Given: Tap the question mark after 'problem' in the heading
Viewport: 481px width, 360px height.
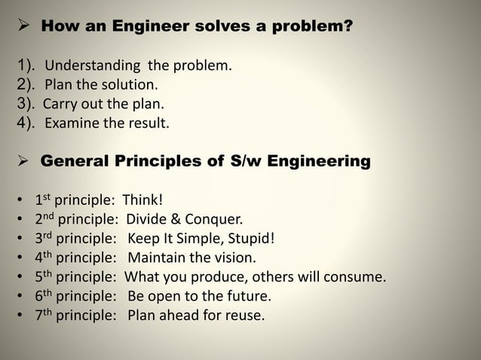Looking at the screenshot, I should [348, 29].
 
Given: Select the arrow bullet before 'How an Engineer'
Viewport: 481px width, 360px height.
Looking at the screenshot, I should [20, 29].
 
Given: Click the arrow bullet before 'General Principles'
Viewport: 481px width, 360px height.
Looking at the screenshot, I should [20, 161].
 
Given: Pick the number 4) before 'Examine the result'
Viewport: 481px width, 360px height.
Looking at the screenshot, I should [26, 123].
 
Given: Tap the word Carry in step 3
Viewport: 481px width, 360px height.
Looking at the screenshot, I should [59, 104].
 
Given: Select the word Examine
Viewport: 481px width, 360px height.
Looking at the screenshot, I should [73, 123].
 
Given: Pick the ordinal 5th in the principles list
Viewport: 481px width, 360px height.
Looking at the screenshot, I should [43, 276].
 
